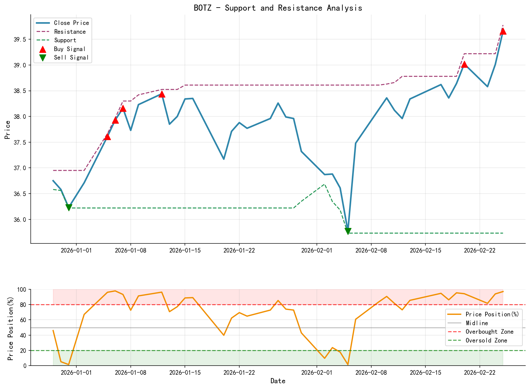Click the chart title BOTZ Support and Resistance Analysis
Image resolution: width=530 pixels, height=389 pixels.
(x=278, y=8)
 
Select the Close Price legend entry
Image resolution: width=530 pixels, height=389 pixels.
(x=71, y=23)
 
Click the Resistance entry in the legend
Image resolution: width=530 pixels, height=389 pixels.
(x=70, y=32)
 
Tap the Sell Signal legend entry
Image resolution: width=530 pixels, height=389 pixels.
(x=71, y=57)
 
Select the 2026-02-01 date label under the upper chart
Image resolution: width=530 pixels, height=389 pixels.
(x=317, y=250)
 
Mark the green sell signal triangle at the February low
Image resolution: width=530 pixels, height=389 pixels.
(x=348, y=231)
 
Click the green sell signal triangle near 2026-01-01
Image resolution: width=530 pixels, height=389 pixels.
(x=69, y=208)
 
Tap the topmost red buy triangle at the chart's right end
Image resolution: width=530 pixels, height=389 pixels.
(x=503, y=31)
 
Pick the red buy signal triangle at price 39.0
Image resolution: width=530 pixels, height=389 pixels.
(x=464, y=64)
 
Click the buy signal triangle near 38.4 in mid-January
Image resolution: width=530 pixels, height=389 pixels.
(x=162, y=94)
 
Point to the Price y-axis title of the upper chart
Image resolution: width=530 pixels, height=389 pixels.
(x=8, y=130)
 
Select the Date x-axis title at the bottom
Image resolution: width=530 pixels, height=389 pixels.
(x=278, y=381)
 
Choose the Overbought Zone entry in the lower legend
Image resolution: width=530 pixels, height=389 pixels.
(x=489, y=332)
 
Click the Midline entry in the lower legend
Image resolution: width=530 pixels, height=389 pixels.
(x=476, y=323)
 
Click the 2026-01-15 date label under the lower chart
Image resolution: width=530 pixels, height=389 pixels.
(x=185, y=372)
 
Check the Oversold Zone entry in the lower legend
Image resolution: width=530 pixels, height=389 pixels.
(x=486, y=340)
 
